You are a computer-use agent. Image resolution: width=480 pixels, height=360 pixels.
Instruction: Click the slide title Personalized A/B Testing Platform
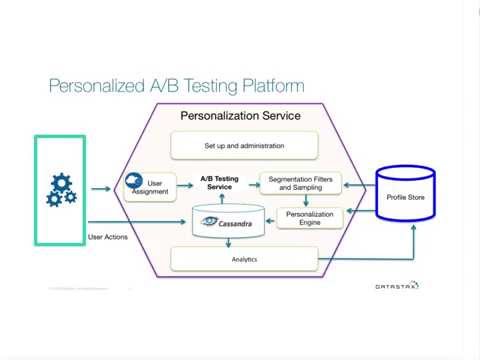click(176, 86)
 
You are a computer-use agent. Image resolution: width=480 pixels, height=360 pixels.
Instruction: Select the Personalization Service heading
click(240, 116)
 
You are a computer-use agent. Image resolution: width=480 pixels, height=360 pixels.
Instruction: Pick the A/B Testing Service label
click(219, 183)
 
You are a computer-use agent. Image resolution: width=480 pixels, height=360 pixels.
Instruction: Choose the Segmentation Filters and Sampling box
click(301, 183)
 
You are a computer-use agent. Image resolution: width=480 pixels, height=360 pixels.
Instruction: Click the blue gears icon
click(61, 189)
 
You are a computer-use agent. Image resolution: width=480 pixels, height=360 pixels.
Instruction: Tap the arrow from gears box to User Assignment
click(101, 187)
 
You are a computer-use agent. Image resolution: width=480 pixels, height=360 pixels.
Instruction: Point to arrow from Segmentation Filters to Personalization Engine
click(308, 200)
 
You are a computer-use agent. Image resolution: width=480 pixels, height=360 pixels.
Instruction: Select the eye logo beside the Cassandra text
click(210, 222)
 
